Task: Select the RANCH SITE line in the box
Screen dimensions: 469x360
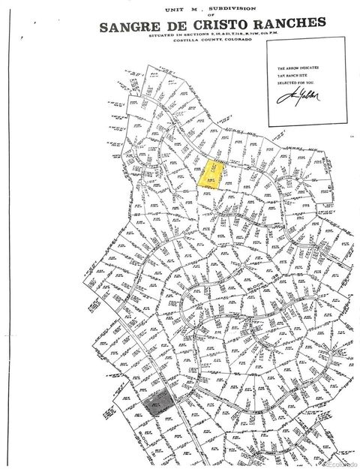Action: (289, 76)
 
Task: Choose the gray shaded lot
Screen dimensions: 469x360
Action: (157, 402)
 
